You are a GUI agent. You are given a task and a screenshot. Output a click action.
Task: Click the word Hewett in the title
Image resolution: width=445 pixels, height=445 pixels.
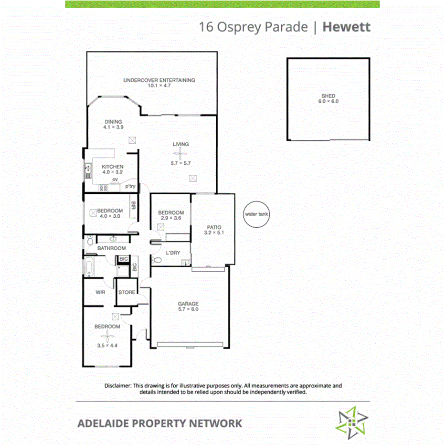[x=346, y=27]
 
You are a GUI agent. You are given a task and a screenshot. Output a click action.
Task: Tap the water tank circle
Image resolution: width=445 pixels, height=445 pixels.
[x=256, y=214]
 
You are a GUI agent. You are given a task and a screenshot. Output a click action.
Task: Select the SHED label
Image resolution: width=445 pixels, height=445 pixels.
[x=328, y=96]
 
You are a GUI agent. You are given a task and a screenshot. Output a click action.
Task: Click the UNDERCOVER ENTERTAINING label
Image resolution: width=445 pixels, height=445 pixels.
[x=159, y=80]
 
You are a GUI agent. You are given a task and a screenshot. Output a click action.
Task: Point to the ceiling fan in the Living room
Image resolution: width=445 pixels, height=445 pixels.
[x=180, y=154]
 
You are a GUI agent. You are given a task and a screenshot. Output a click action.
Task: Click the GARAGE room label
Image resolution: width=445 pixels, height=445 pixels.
[x=188, y=304]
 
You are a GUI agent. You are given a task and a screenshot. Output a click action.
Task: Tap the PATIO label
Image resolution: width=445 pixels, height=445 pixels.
[x=213, y=227]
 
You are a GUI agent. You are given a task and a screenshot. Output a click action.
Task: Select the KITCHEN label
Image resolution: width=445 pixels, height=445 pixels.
[x=113, y=167]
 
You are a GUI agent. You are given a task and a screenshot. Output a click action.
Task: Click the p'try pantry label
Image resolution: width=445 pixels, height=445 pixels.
[x=130, y=186]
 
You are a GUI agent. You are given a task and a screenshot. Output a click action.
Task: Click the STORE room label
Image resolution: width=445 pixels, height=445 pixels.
[x=127, y=292]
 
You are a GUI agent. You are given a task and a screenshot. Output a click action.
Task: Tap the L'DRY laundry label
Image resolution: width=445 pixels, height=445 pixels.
[x=173, y=253]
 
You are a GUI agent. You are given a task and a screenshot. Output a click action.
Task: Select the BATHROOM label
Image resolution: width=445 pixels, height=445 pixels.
[x=111, y=248]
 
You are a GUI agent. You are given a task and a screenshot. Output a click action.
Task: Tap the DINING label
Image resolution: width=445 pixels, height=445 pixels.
[x=113, y=122]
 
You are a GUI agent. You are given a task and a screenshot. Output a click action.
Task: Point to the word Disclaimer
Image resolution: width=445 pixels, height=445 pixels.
[x=118, y=385]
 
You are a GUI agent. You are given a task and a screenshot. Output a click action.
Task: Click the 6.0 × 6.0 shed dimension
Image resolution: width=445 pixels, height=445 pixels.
[x=328, y=102]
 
